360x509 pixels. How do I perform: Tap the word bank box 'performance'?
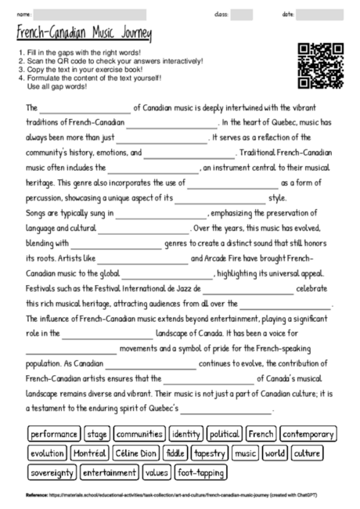(x=54, y=434)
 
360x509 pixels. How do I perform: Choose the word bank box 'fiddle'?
(x=176, y=453)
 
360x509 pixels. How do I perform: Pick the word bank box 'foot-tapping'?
(x=200, y=473)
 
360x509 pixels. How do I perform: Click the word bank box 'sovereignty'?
(x=52, y=473)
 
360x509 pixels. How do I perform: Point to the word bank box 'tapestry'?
(x=210, y=453)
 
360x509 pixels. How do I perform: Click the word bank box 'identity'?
(x=185, y=434)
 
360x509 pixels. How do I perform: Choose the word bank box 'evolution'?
(x=47, y=453)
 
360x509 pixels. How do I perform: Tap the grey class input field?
(x=241, y=14)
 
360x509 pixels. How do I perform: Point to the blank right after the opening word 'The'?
(x=85, y=109)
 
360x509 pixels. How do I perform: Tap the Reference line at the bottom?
(x=157, y=496)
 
